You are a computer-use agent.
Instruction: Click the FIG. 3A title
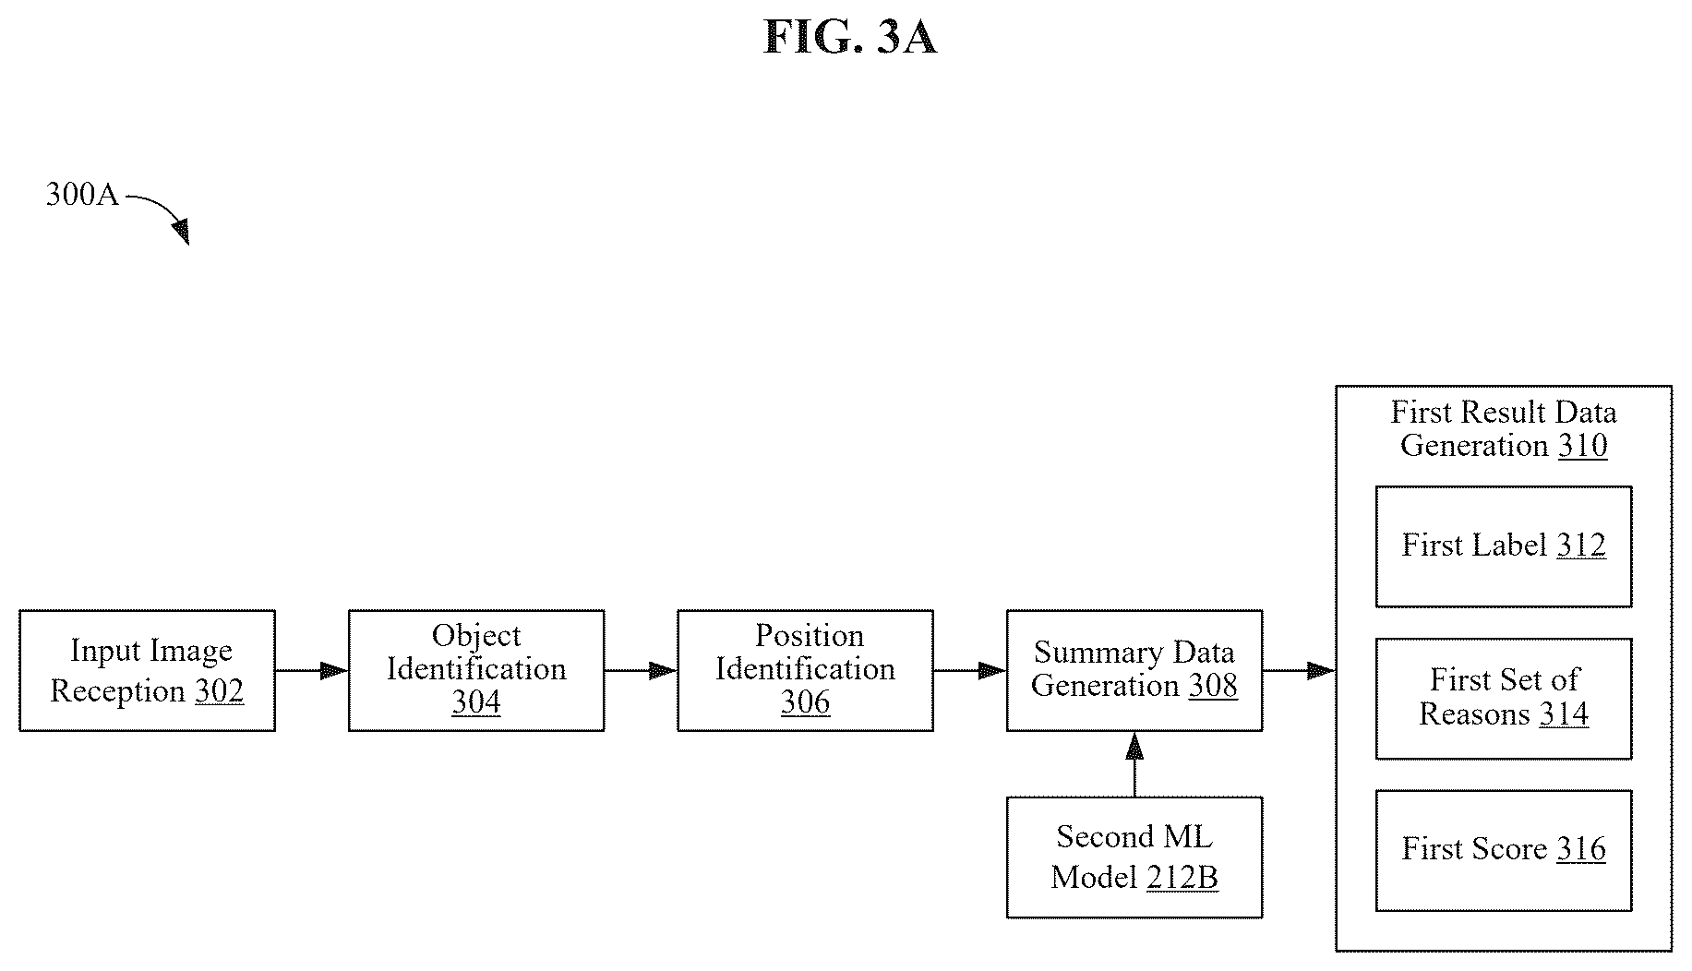tap(850, 38)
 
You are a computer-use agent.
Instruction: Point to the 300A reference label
tap(82, 195)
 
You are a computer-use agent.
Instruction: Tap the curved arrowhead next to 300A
tap(181, 232)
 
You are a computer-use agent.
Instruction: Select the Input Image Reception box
tap(148, 671)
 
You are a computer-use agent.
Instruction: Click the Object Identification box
tap(476, 671)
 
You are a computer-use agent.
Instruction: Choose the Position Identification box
tap(805, 671)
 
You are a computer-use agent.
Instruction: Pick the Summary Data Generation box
tap(1134, 671)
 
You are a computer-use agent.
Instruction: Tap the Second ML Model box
tap(1134, 857)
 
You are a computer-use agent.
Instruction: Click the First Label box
tap(1504, 546)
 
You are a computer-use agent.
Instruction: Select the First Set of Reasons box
tap(1504, 699)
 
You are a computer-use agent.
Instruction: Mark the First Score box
tap(1504, 851)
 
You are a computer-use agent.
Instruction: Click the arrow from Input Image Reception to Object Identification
tap(312, 671)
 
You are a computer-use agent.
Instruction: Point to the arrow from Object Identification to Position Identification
tap(641, 671)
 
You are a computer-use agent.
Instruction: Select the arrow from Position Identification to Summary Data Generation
tap(969, 671)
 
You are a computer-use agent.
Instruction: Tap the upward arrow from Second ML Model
tap(1134, 764)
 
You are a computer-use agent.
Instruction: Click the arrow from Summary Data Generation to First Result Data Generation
tap(1299, 671)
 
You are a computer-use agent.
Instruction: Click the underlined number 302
tap(220, 691)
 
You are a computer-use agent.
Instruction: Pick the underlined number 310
tap(1583, 446)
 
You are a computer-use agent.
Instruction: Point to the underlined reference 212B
tap(1182, 877)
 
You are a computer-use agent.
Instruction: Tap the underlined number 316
tap(1581, 849)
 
